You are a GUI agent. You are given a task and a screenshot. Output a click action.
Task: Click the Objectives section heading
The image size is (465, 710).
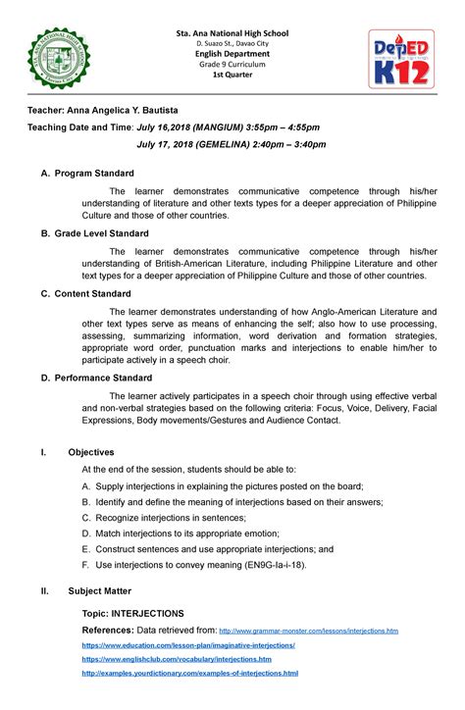click(91, 452)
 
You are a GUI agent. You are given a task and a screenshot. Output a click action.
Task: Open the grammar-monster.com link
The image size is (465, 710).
click(309, 631)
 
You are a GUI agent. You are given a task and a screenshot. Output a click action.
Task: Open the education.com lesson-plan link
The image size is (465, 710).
click(188, 646)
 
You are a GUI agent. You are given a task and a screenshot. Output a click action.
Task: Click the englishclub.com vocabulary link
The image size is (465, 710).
click(177, 660)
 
